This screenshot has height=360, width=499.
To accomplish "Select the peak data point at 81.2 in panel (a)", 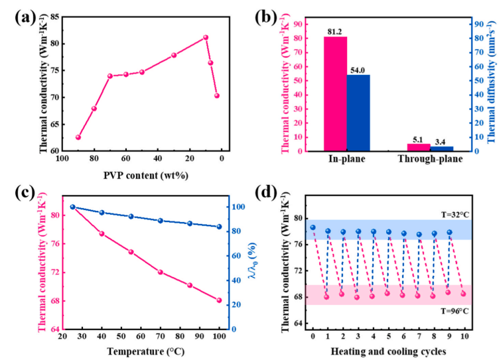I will click(206, 38).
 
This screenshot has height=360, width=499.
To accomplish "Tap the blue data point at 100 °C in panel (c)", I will click(218, 227).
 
